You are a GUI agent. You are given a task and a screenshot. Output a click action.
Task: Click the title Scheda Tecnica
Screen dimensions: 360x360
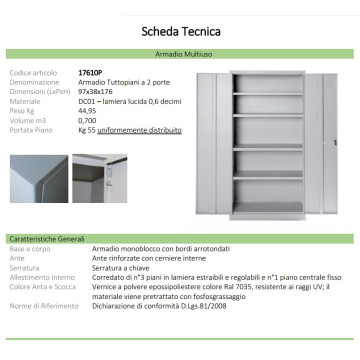tap(180, 31)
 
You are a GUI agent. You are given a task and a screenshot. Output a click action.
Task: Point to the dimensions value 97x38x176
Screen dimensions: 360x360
tap(98, 92)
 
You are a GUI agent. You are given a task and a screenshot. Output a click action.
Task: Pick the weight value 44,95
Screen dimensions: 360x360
tap(88, 110)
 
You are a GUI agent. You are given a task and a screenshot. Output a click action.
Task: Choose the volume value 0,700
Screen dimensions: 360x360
tap(88, 119)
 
